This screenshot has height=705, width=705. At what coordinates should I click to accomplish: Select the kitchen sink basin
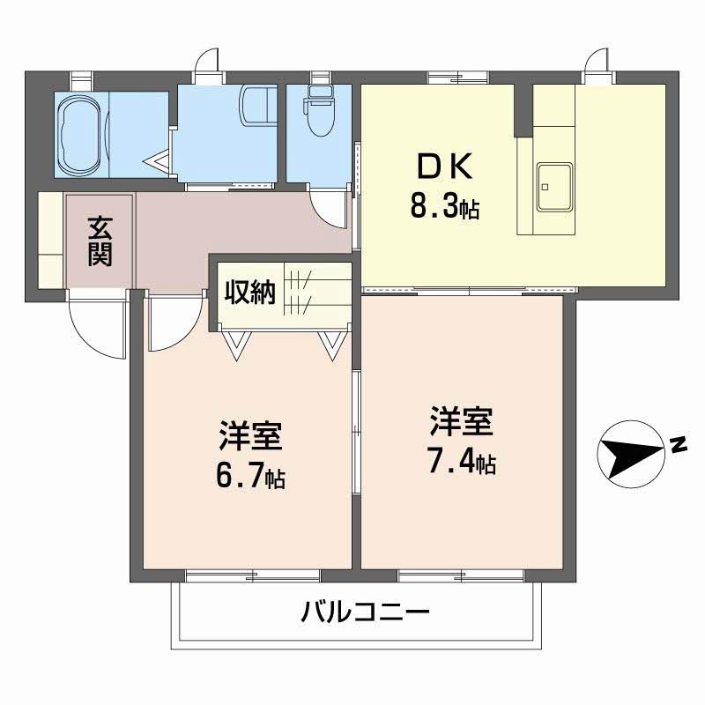pos(553,187)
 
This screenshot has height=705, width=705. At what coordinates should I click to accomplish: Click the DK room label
pos(444,167)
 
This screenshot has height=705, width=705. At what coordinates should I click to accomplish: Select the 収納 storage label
pos(249,292)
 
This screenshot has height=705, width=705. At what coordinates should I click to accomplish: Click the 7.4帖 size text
pos(461,462)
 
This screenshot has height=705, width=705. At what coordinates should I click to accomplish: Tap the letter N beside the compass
pos(679,446)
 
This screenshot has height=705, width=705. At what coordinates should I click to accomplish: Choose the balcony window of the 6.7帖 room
pos(253,576)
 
